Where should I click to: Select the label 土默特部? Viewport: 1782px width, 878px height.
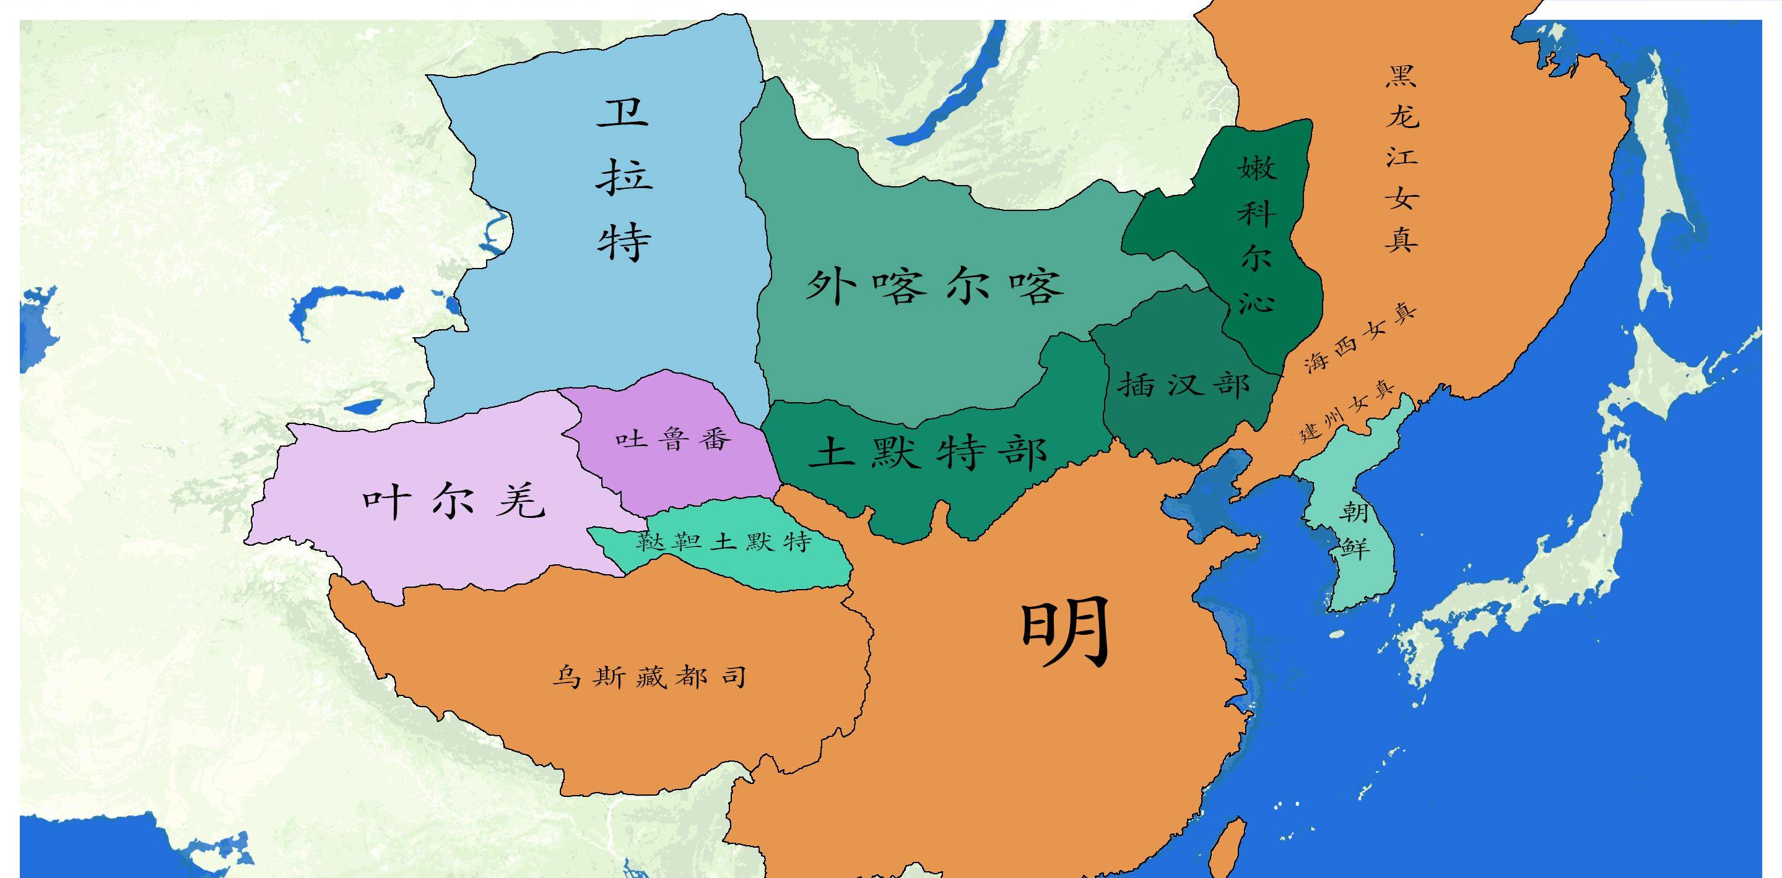(x=927, y=454)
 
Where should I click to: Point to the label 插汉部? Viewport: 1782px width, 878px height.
(x=1184, y=384)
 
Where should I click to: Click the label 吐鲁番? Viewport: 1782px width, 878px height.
(x=673, y=438)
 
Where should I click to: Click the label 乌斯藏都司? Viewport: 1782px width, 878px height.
(x=649, y=678)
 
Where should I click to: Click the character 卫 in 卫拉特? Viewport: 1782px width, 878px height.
(x=624, y=112)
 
